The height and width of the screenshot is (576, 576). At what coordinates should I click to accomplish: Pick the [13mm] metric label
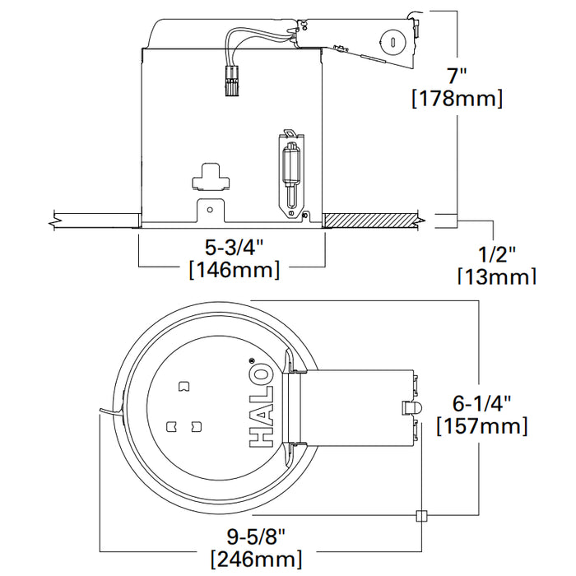coord(496,276)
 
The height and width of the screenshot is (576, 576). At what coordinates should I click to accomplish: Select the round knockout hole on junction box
coord(391,40)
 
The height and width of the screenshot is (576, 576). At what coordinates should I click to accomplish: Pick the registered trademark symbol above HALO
coord(252,360)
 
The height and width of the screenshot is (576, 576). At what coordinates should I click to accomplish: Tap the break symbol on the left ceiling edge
coord(53,220)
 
